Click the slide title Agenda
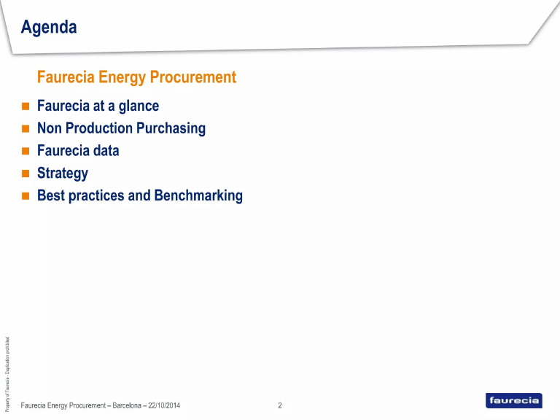point(49,28)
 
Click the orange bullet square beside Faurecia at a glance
point(25,106)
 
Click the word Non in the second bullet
point(49,128)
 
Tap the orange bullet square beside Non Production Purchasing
point(25,129)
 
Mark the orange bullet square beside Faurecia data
point(25,152)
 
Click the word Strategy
point(63,174)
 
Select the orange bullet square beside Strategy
point(25,174)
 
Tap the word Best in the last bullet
point(50,196)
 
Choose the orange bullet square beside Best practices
point(25,196)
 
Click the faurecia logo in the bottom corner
point(513,400)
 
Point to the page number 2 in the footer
point(280,405)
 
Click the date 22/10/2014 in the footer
point(164,405)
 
